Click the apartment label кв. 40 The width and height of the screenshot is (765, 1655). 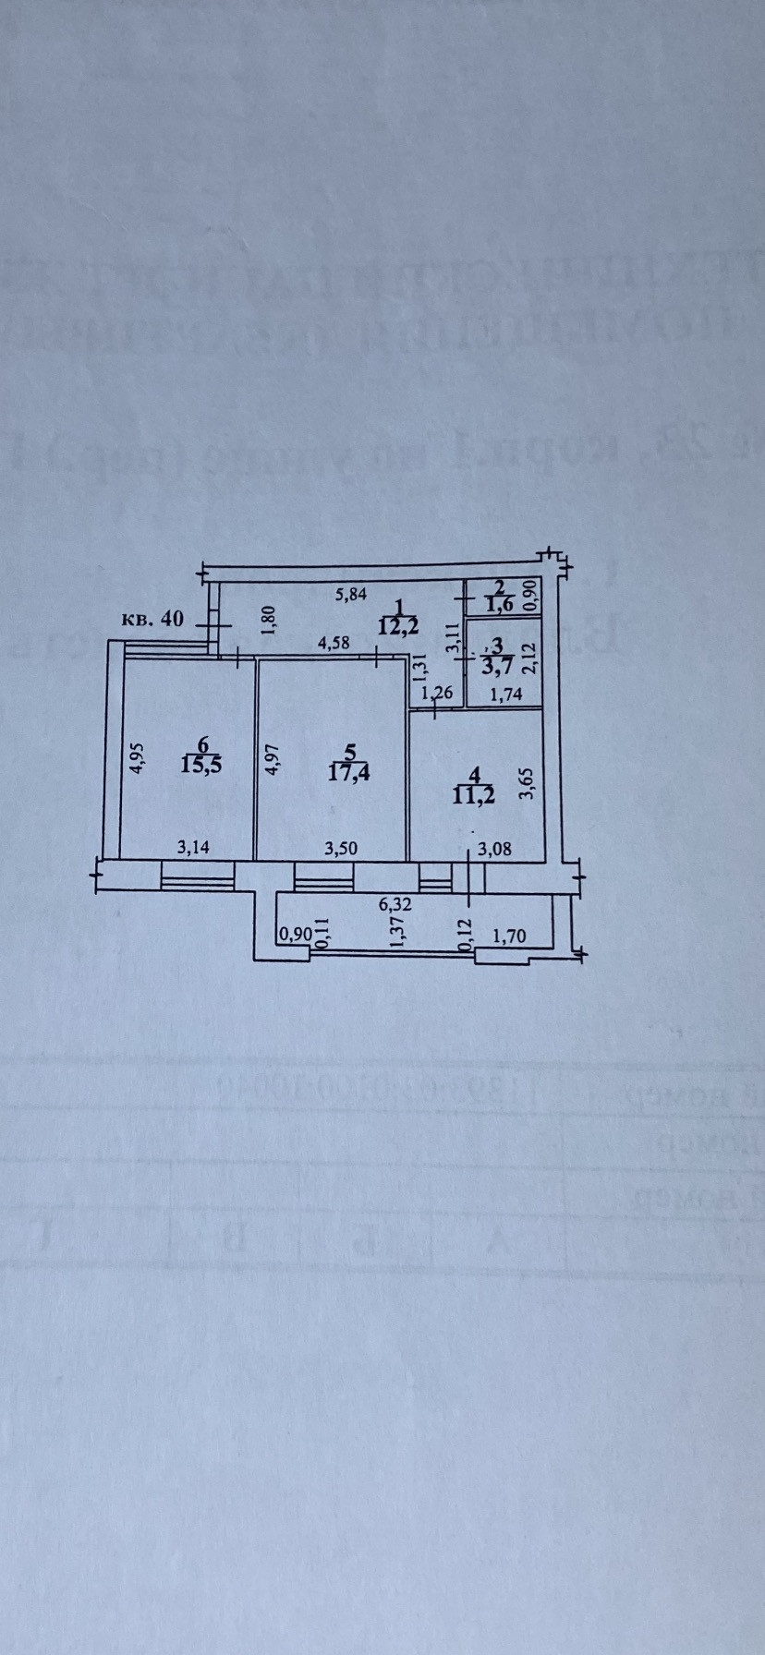pos(152,619)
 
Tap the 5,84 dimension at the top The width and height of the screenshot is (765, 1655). pos(352,597)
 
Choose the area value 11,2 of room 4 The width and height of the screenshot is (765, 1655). pos(473,794)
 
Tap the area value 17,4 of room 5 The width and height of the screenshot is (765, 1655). pos(348,772)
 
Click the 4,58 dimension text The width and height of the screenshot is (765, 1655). pos(334,644)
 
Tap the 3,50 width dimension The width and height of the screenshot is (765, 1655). pos(339,847)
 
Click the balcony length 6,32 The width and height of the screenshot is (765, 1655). pos(395,905)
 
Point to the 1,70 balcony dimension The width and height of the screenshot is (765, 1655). pos(509,936)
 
